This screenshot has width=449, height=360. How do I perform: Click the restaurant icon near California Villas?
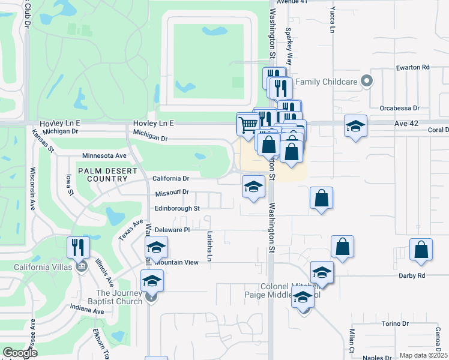point(79,247)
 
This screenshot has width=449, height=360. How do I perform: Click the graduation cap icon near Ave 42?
point(355,126)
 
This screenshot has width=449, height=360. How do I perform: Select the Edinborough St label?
point(176,208)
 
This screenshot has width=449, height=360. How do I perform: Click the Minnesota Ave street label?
point(104,155)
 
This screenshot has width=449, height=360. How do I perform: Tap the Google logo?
point(20,353)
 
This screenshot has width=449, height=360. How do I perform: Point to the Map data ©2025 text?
point(423,355)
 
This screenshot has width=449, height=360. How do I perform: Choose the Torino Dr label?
point(395,323)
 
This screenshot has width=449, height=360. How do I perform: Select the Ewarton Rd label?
point(413,67)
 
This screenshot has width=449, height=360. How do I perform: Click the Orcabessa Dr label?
point(399,109)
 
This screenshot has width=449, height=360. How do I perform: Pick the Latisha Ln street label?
point(209,247)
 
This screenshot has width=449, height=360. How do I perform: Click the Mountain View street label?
point(175,262)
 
